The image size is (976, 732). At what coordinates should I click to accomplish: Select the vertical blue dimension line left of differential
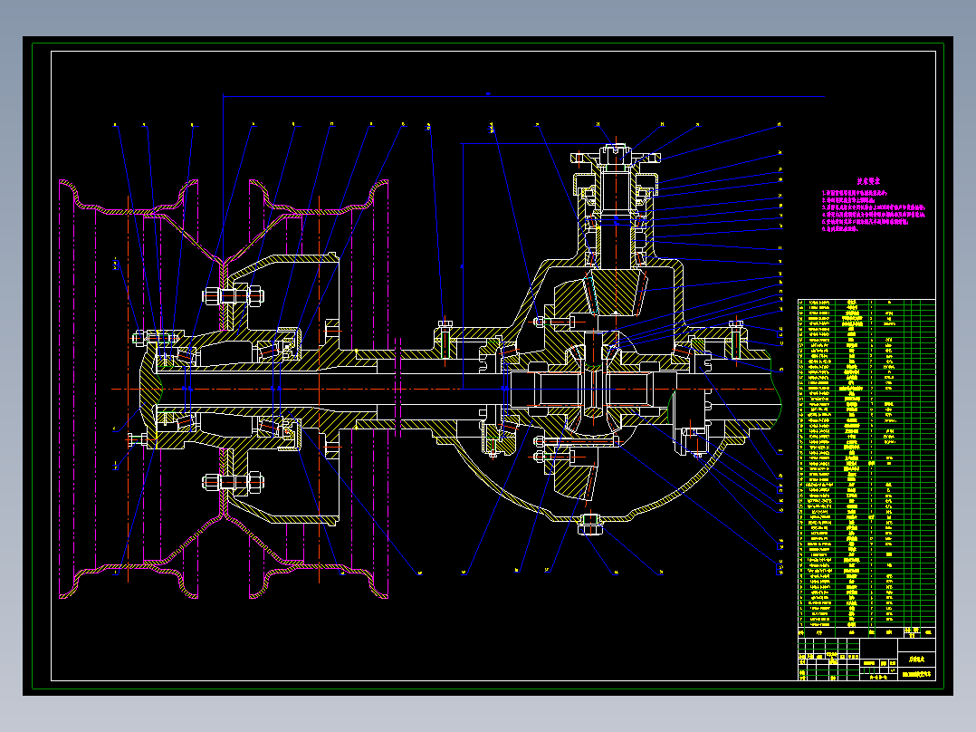pyautogui.click(x=462, y=263)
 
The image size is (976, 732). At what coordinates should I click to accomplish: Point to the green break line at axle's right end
pyautogui.click(x=780, y=390)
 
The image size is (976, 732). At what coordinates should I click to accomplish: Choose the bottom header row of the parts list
pyautogui.click(x=866, y=632)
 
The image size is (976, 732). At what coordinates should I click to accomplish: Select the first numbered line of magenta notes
pyautogui.click(x=859, y=193)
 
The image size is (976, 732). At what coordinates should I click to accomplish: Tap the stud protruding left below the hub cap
pyautogui.click(x=138, y=440)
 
